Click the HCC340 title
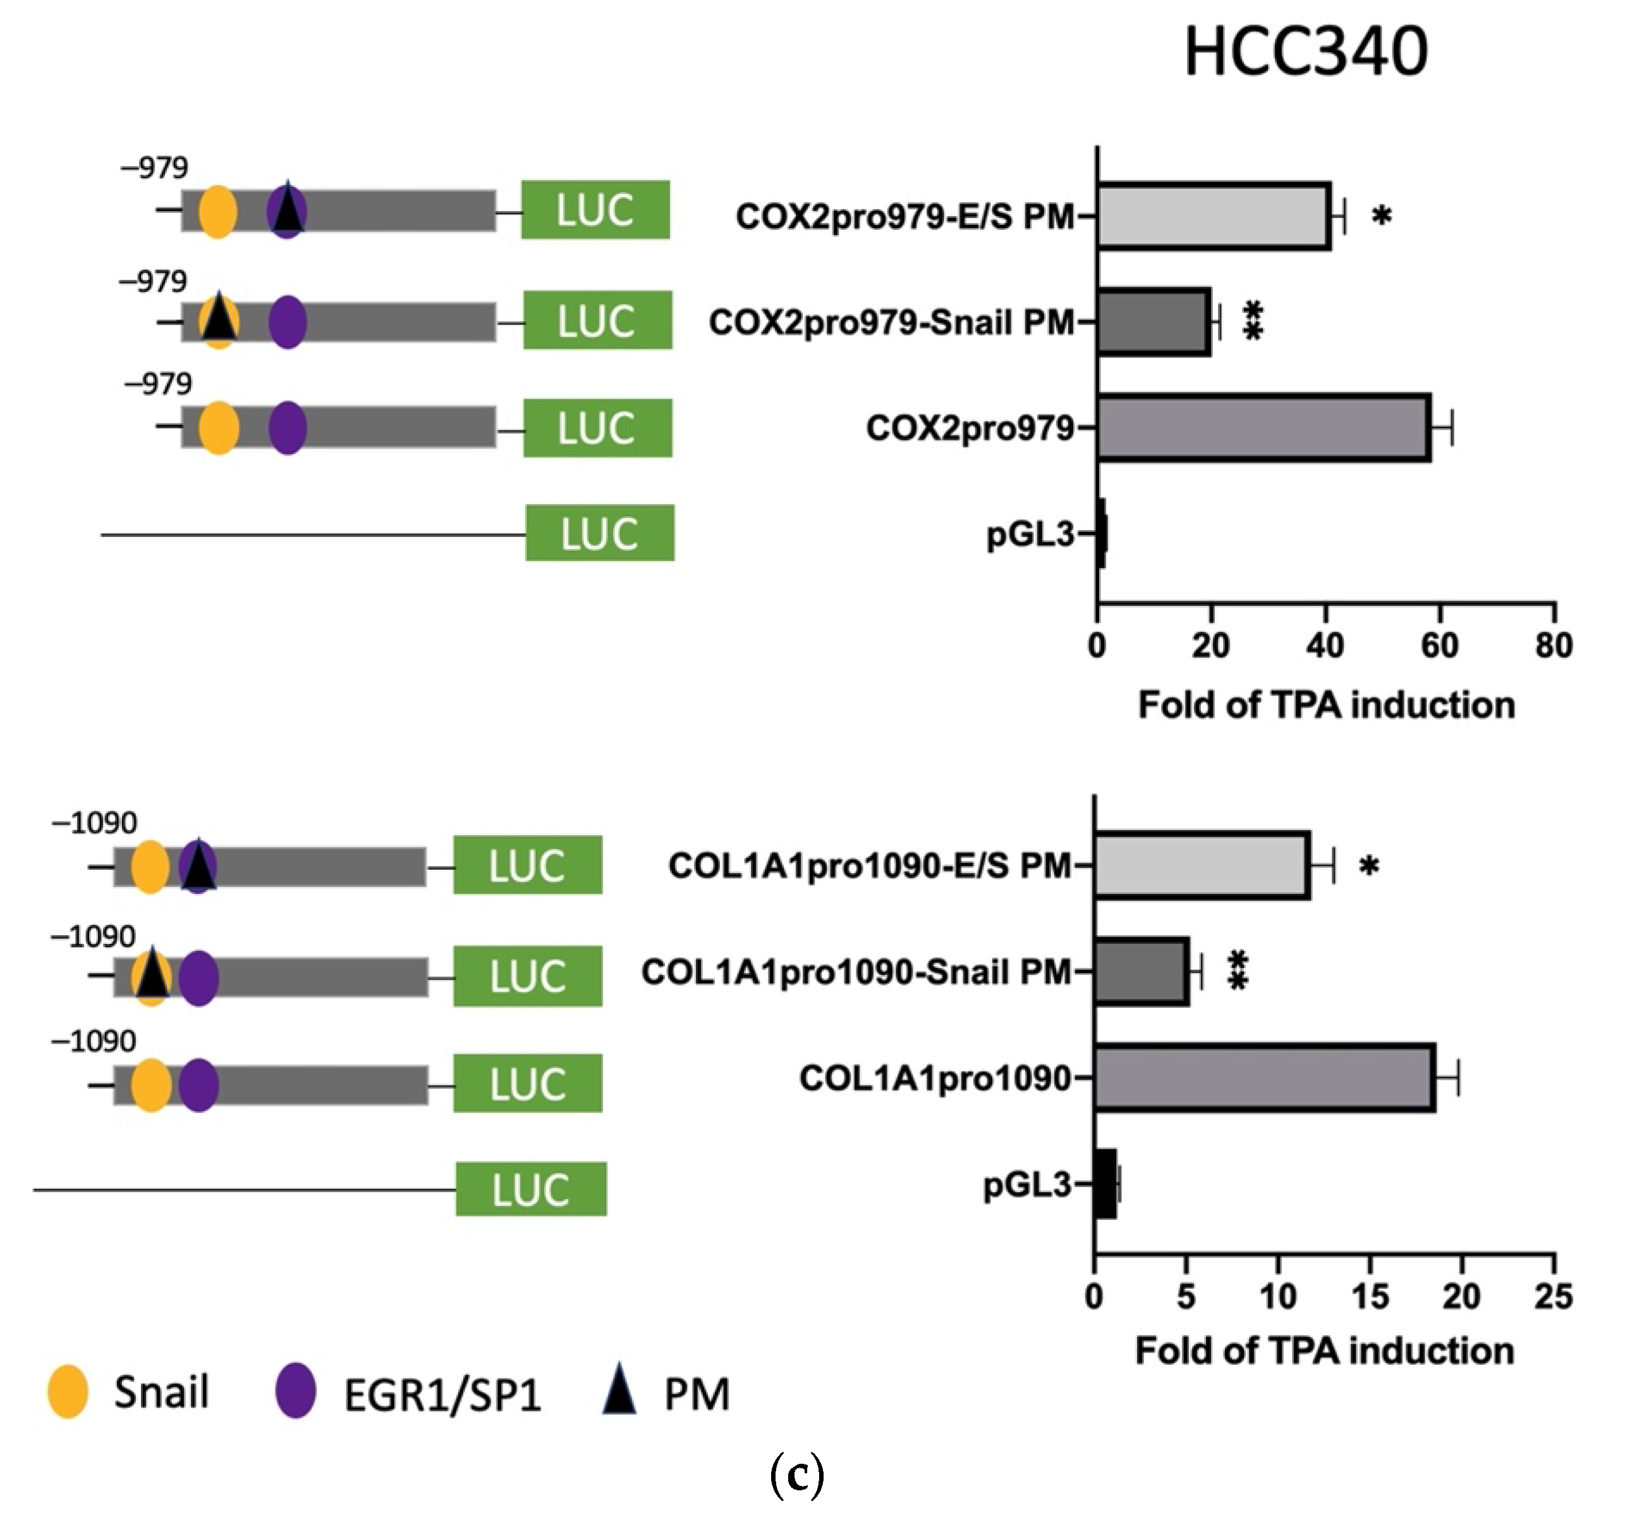pyautogui.click(x=1305, y=51)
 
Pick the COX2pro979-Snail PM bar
pyautogui.click(x=1154, y=322)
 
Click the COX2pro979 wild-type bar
pyautogui.click(x=1264, y=428)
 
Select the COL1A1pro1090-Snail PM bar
pyautogui.click(x=1141, y=972)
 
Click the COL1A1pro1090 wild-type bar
pyautogui.click(x=1264, y=1078)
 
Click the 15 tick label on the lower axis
pyautogui.click(x=1370, y=1297)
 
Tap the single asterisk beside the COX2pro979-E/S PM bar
pyautogui.click(x=1382, y=216)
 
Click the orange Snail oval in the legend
pyautogui.click(x=68, y=1392)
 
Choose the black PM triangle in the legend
pyautogui.click(x=620, y=1389)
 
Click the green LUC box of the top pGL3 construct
pyautogui.click(x=600, y=533)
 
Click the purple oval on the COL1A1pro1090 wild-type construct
pyautogui.click(x=198, y=1085)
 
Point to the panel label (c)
pyautogui.click(x=797, y=1475)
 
